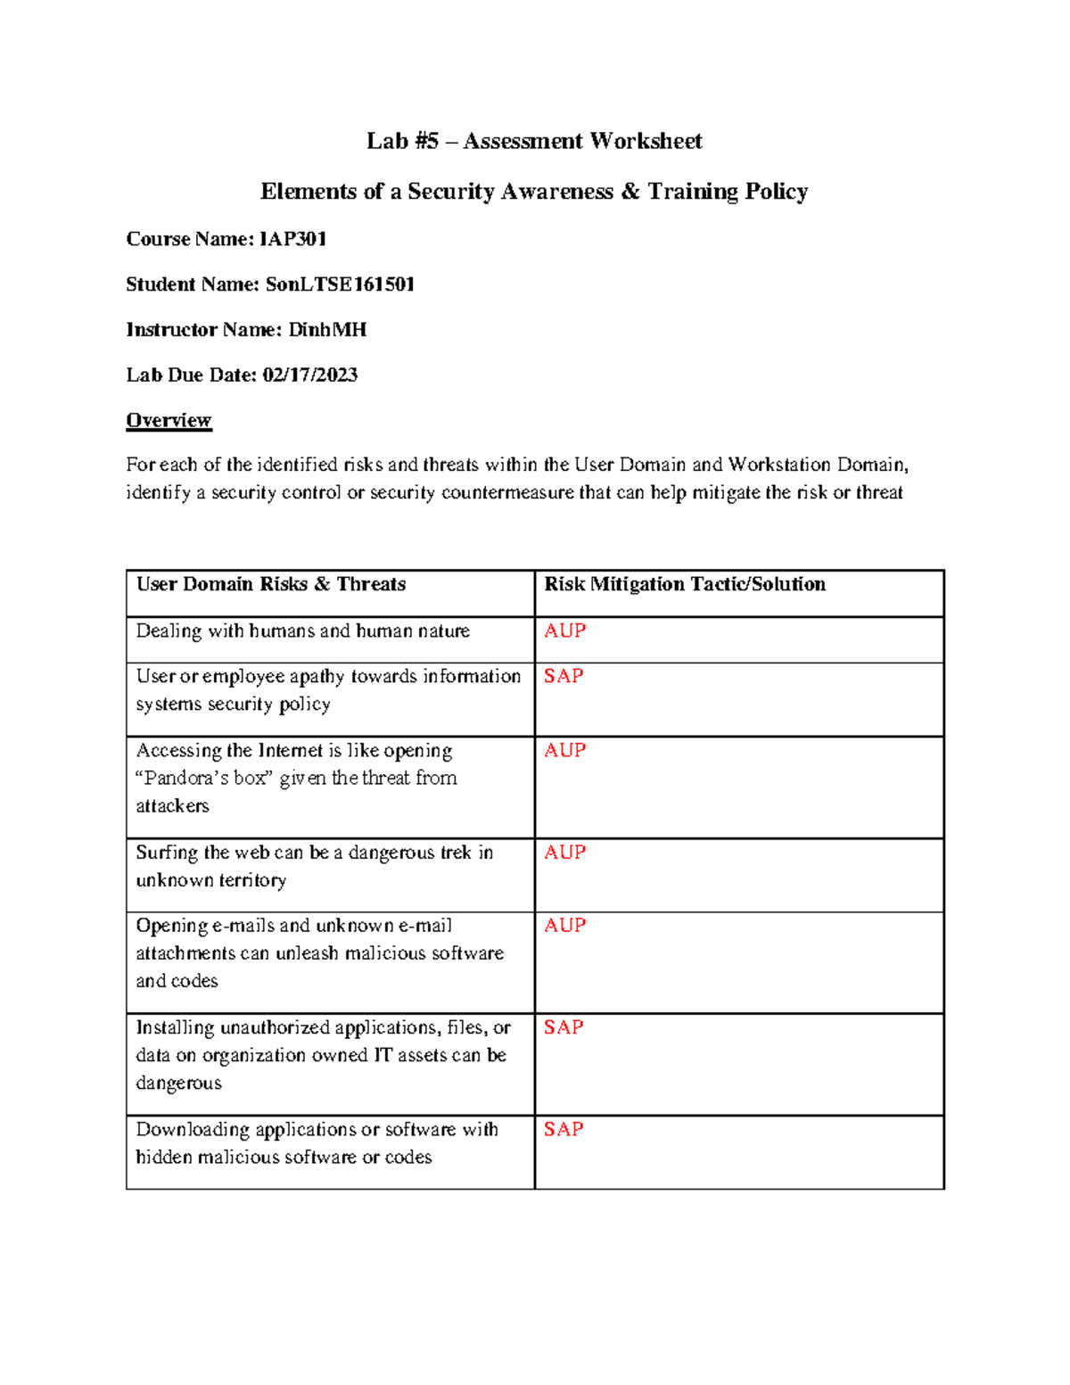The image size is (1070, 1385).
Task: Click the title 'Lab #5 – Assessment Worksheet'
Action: [534, 141]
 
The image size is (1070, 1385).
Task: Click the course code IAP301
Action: [292, 239]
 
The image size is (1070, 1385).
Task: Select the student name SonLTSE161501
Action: [340, 284]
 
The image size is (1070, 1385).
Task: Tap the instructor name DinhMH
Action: [327, 330]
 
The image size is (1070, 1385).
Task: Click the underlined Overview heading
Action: [169, 420]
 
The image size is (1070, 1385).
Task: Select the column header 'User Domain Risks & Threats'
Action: [271, 584]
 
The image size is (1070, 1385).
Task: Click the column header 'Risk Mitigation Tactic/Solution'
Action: [685, 584]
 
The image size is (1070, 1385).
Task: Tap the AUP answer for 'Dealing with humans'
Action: [564, 631]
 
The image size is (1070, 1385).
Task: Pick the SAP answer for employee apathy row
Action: [564, 676]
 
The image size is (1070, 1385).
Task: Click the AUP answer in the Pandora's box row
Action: [564, 750]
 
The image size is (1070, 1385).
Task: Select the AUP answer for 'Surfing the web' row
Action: [564, 852]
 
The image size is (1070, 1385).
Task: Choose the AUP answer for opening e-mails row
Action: [564, 925]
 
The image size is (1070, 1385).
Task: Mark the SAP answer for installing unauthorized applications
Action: [564, 1027]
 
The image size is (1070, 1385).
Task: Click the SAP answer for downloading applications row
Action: [564, 1129]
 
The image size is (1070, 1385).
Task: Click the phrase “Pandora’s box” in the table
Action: [202, 778]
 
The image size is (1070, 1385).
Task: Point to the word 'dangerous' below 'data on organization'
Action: [178, 1083]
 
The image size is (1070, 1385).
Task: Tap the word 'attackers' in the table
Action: [172, 805]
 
